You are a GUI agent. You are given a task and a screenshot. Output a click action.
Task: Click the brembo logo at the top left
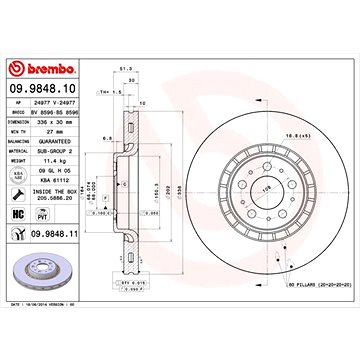38,67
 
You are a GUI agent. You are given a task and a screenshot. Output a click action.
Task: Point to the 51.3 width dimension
125,96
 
